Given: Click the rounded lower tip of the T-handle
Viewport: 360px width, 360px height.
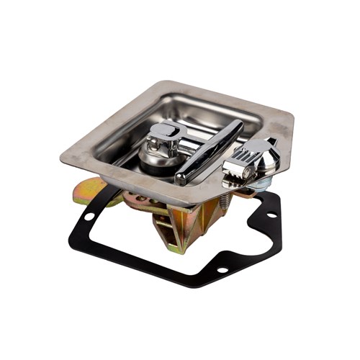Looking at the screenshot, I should pyautogui.click(x=181, y=178).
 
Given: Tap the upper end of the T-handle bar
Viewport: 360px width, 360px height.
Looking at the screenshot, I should pyautogui.click(x=238, y=125).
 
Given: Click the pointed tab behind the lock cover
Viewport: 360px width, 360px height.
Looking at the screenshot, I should pyautogui.click(x=272, y=141).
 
